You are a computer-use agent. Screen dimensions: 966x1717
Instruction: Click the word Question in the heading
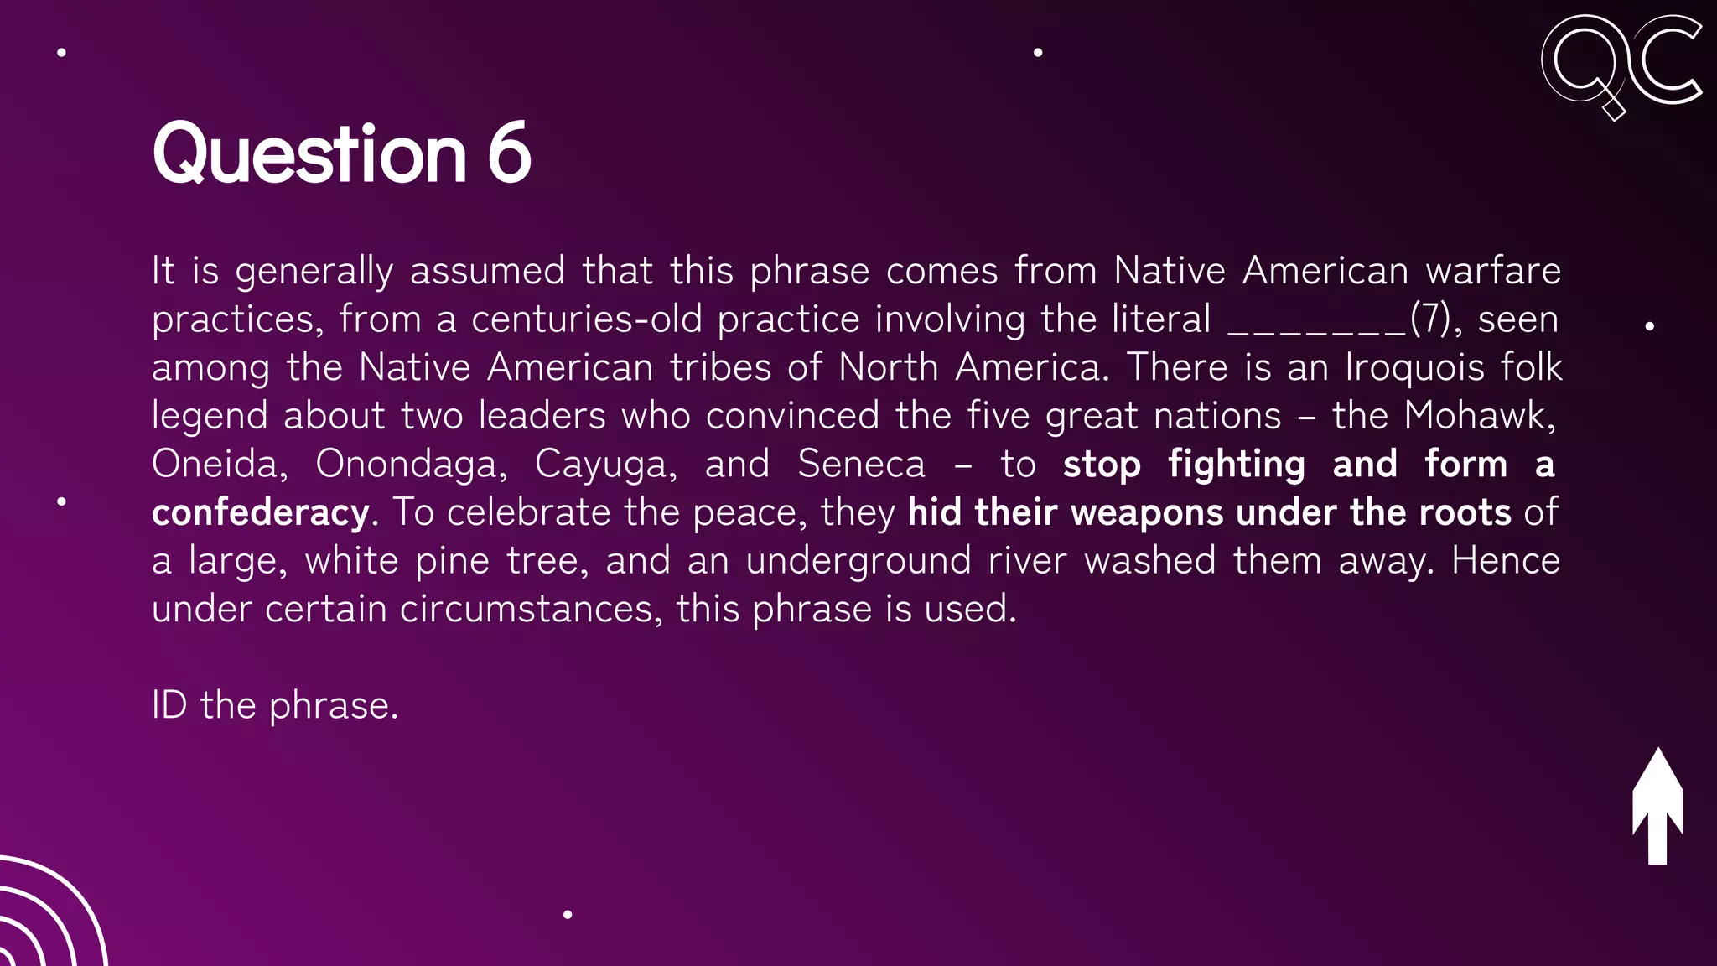coord(309,154)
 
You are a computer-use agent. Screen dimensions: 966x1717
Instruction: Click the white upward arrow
coord(1657,806)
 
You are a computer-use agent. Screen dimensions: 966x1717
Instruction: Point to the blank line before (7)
coord(1316,321)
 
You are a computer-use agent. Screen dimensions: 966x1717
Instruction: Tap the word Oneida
coord(215,465)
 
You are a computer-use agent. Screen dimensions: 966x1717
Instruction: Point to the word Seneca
coord(862,465)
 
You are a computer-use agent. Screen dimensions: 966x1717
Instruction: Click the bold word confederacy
coord(261,512)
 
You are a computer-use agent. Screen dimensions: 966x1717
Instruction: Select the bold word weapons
coord(1146,512)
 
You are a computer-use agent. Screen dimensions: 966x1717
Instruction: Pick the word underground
coord(858,561)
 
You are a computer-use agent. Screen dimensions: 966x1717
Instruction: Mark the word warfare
coord(1493,271)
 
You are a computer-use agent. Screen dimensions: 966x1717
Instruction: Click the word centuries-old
coord(584,319)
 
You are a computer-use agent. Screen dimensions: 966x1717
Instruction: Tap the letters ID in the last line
coord(169,705)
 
